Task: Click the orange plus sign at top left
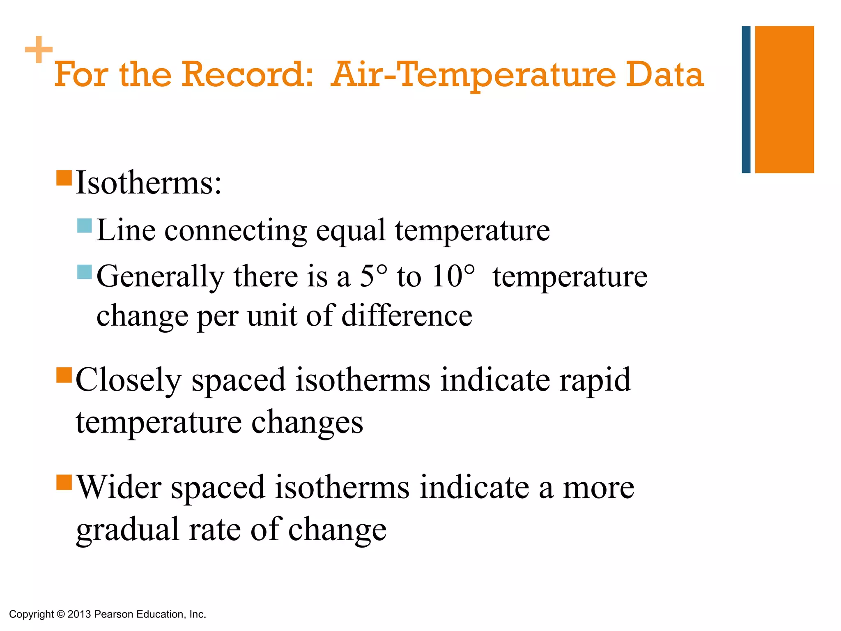click(39, 50)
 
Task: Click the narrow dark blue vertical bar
click(746, 99)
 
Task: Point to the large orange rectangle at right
click(784, 99)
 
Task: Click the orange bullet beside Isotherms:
click(64, 178)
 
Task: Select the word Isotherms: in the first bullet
click(149, 182)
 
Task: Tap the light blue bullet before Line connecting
click(85, 226)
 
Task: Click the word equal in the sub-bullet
click(350, 230)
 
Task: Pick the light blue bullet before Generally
click(85, 272)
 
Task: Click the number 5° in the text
click(373, 276)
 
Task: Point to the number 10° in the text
click(453, 276)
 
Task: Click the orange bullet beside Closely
click(64, 375)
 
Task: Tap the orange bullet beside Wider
click(64, 482)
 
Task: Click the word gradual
click(128, 530)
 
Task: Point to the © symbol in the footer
click(61, 614)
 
